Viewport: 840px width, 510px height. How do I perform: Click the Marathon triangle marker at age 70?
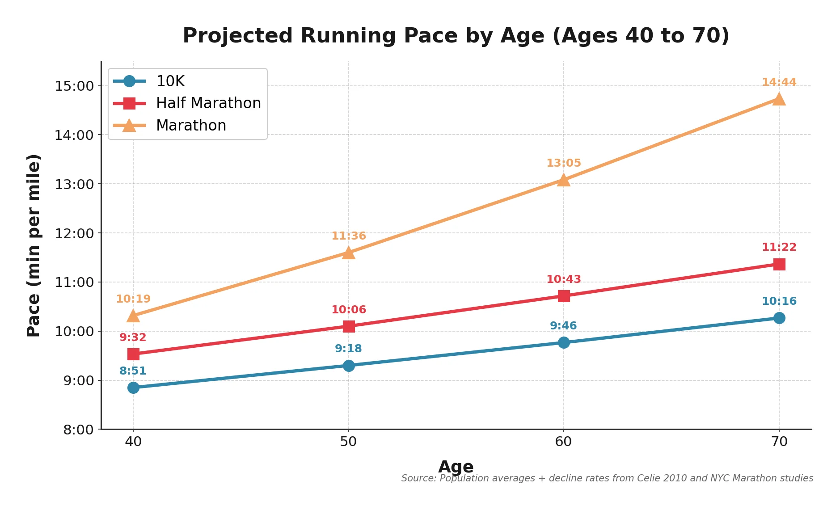(x=779, y=99)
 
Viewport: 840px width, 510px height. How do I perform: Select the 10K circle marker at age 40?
(x=133, y=388)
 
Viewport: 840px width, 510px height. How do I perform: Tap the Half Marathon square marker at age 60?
(x=564, y=296)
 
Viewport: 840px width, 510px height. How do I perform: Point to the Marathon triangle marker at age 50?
(x=349, y=253)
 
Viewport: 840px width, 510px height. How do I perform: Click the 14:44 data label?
(x=779, y=82)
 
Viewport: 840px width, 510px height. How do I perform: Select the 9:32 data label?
(x=133, y=337)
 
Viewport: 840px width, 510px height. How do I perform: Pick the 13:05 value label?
(x=563, y=163)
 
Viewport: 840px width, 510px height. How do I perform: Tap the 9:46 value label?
(x=563, y=326)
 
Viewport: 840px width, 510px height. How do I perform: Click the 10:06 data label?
(x=348, y=310)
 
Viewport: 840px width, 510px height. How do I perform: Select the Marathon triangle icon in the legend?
(x=129, y=126)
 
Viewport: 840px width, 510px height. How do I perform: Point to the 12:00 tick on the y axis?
(x=74, y=233)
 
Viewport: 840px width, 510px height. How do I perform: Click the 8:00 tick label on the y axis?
(x=78, y=430)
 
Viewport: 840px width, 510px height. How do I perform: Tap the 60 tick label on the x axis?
(x=563, y=442)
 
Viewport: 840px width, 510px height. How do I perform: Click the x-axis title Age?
(x=456, y=467)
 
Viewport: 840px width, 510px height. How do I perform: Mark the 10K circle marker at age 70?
(x=779, y=318)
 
